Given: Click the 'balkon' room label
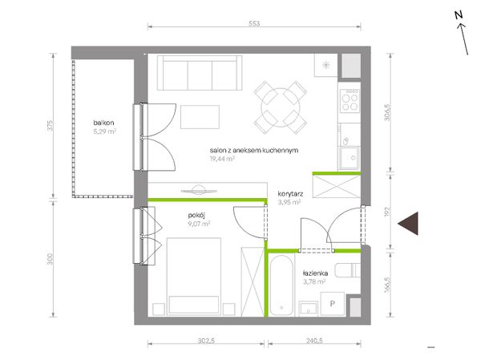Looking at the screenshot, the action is pyautogui.click(x=103, y=123).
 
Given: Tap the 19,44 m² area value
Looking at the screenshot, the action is pyautogui.click(x=222, y=159).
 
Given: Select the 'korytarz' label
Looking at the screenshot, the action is pyautogui.click(x=290, y=194).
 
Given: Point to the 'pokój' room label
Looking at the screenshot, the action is pyautogui.click(x=196, y=216).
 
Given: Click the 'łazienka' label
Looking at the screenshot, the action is pyautogui.click(x=315, y=273).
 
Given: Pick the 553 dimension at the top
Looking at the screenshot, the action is pyautogui.click(x=254, y=23).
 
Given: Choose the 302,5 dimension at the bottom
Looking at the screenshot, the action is pyautogui.click(x=206, y=341).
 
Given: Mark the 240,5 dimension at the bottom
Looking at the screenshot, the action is pyautogui.click(x=314, y=341).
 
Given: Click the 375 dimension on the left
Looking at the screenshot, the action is pyautogui.click(x=51, y=125).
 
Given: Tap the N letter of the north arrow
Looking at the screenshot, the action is pyautogui.click(x=459, y=15).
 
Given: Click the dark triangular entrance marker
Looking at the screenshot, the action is pyautogui.click(x=408, y=224).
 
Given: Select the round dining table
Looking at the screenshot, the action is pyautogui.click(x=281, y=107).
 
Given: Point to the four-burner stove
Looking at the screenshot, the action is pyautogui.click(x=350, y=100).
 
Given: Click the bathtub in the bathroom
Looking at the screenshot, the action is pyautogui.click(x=281, y=285).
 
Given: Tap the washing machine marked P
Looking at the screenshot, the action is pyautogui.click(x=333, y=304).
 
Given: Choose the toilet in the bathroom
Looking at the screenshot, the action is pyautogui.click(x=348, y=270).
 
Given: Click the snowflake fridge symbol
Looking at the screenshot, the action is pyautogui.click(x=325, y=65).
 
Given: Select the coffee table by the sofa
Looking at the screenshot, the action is pyautogui.click(x=200, y=117).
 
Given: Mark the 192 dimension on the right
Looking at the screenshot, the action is pyautogui.click(x=387, y=212).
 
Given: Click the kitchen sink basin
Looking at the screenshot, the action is pyautogui.click(x=349, y=158).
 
